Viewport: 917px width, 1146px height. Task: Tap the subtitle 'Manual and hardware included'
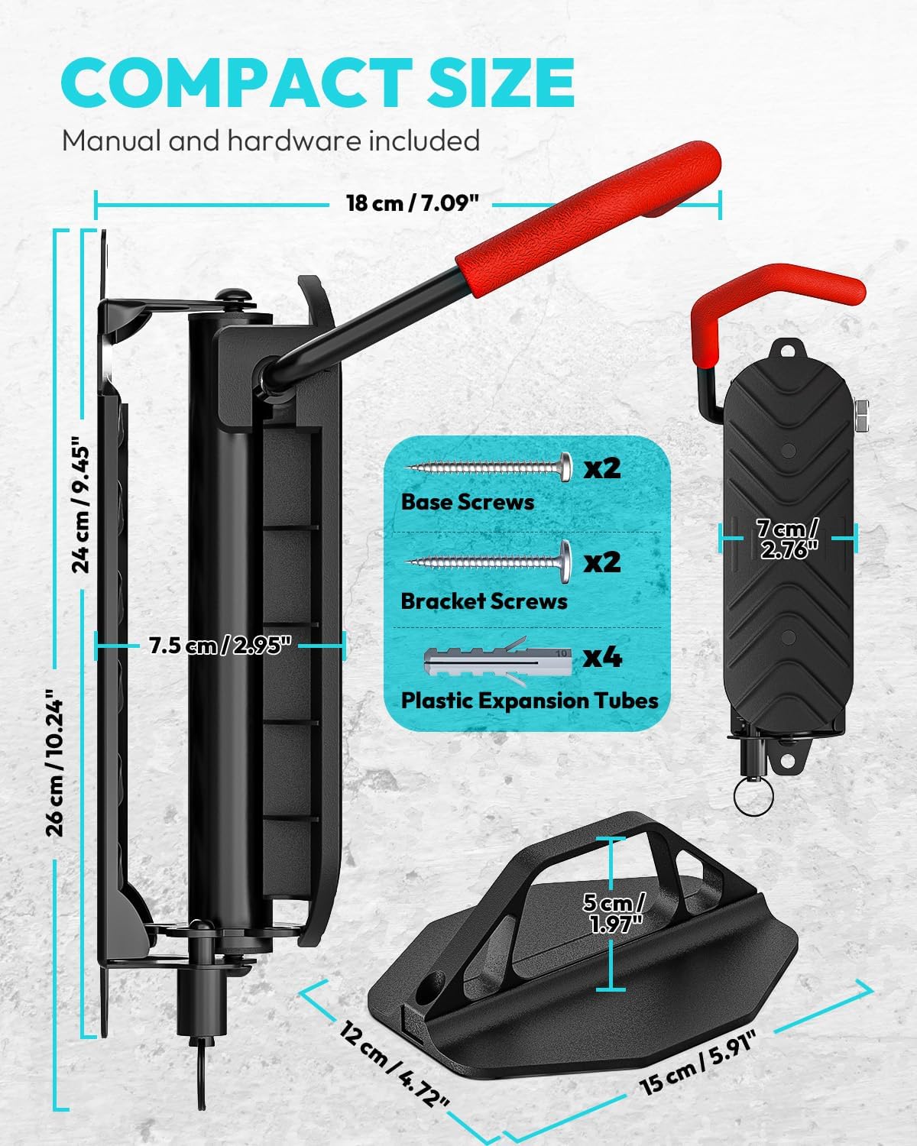271,141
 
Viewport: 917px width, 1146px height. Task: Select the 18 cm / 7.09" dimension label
413,203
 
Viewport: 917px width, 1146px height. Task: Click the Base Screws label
467,502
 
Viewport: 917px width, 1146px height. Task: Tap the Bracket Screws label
484,601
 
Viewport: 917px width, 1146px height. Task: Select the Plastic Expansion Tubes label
529,700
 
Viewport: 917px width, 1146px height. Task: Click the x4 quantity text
602,657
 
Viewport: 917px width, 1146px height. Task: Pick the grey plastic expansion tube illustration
497,659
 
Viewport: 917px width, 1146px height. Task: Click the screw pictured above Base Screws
489,466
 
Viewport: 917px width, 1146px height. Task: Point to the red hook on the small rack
779,290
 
